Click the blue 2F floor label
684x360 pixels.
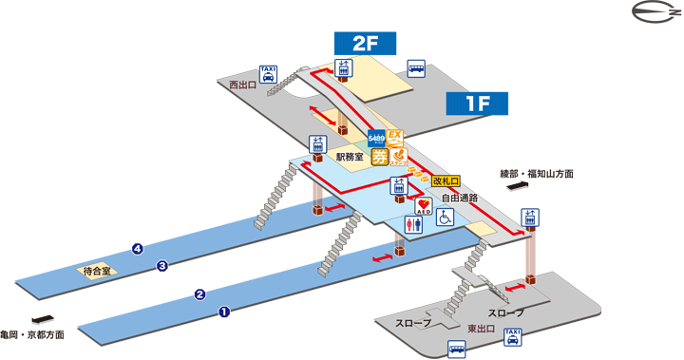pos(365,44)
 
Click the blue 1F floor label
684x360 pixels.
pos(479,104)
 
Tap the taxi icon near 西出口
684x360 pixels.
pos(268,74)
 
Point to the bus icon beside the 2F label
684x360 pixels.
pos(416,67)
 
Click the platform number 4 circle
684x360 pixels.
pos(138,249)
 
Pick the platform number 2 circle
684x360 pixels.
pos(200,294)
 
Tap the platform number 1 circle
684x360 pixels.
pos(225,311)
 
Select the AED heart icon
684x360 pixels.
pos(425,205)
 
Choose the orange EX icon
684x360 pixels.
pos(398,137)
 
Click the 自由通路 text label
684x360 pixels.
pos(459,199)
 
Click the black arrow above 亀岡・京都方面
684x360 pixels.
pos(40,320)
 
